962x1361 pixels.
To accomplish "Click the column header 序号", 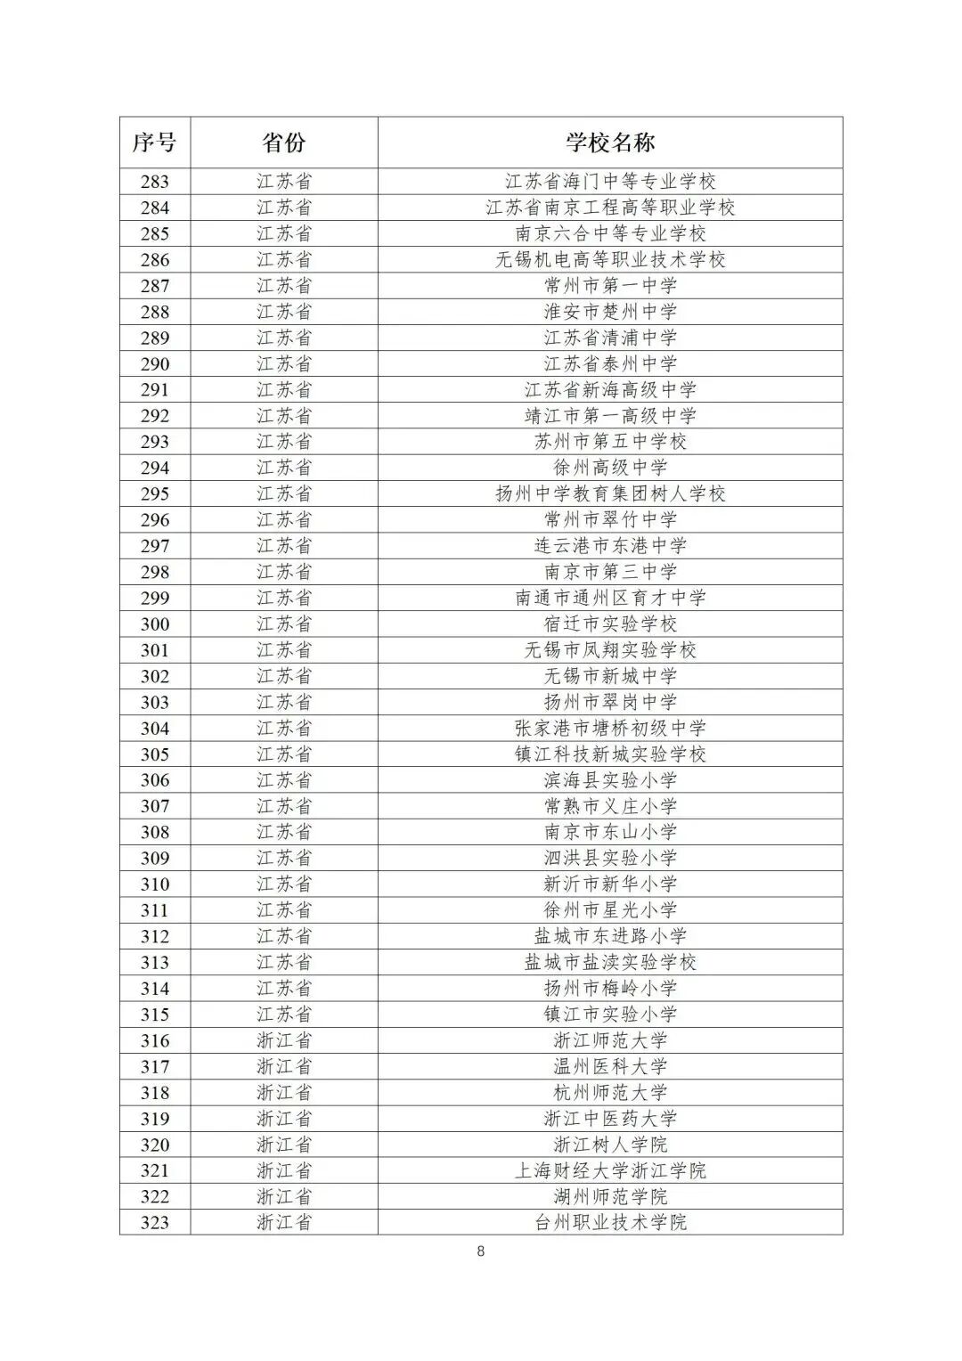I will (154, 143).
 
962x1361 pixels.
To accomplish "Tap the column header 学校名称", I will (610, 143).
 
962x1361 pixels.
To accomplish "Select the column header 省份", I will (284, 143).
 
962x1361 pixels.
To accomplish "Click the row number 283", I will (154, 182).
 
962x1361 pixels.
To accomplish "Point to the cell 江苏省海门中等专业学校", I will (610, 182).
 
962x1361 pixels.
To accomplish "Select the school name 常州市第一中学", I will (610, 286).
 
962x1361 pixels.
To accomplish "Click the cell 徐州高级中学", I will (610, 468).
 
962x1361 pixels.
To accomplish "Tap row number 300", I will (154, 624).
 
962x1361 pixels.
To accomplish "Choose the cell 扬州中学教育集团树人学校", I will (610, 493).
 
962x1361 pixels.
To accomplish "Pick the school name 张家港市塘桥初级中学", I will (610, 729).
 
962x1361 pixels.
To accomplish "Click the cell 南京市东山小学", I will (610, 832).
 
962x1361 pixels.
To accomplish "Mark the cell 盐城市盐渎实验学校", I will (610, 962).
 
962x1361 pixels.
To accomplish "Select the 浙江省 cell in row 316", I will (284, 1040).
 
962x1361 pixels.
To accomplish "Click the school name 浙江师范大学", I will (610, 1040).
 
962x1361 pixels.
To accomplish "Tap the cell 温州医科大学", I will (610, 1066).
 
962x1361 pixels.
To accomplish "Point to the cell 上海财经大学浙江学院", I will (610, 1170).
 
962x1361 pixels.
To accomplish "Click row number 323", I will (154, 1222).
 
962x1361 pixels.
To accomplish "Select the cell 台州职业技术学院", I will (610, 1222).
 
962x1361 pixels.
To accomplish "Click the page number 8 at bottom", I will (481, 1251).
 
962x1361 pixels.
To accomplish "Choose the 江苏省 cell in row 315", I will (284, 1015).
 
